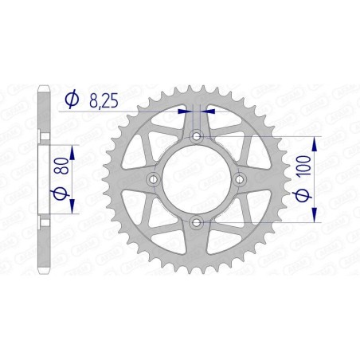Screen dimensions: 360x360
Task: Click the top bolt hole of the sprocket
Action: click(197, 139)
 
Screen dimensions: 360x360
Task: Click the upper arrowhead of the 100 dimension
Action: click(316, 143)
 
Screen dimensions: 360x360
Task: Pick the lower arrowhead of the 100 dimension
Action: click(316, 217)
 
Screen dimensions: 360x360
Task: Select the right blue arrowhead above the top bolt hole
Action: click(207, 112)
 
